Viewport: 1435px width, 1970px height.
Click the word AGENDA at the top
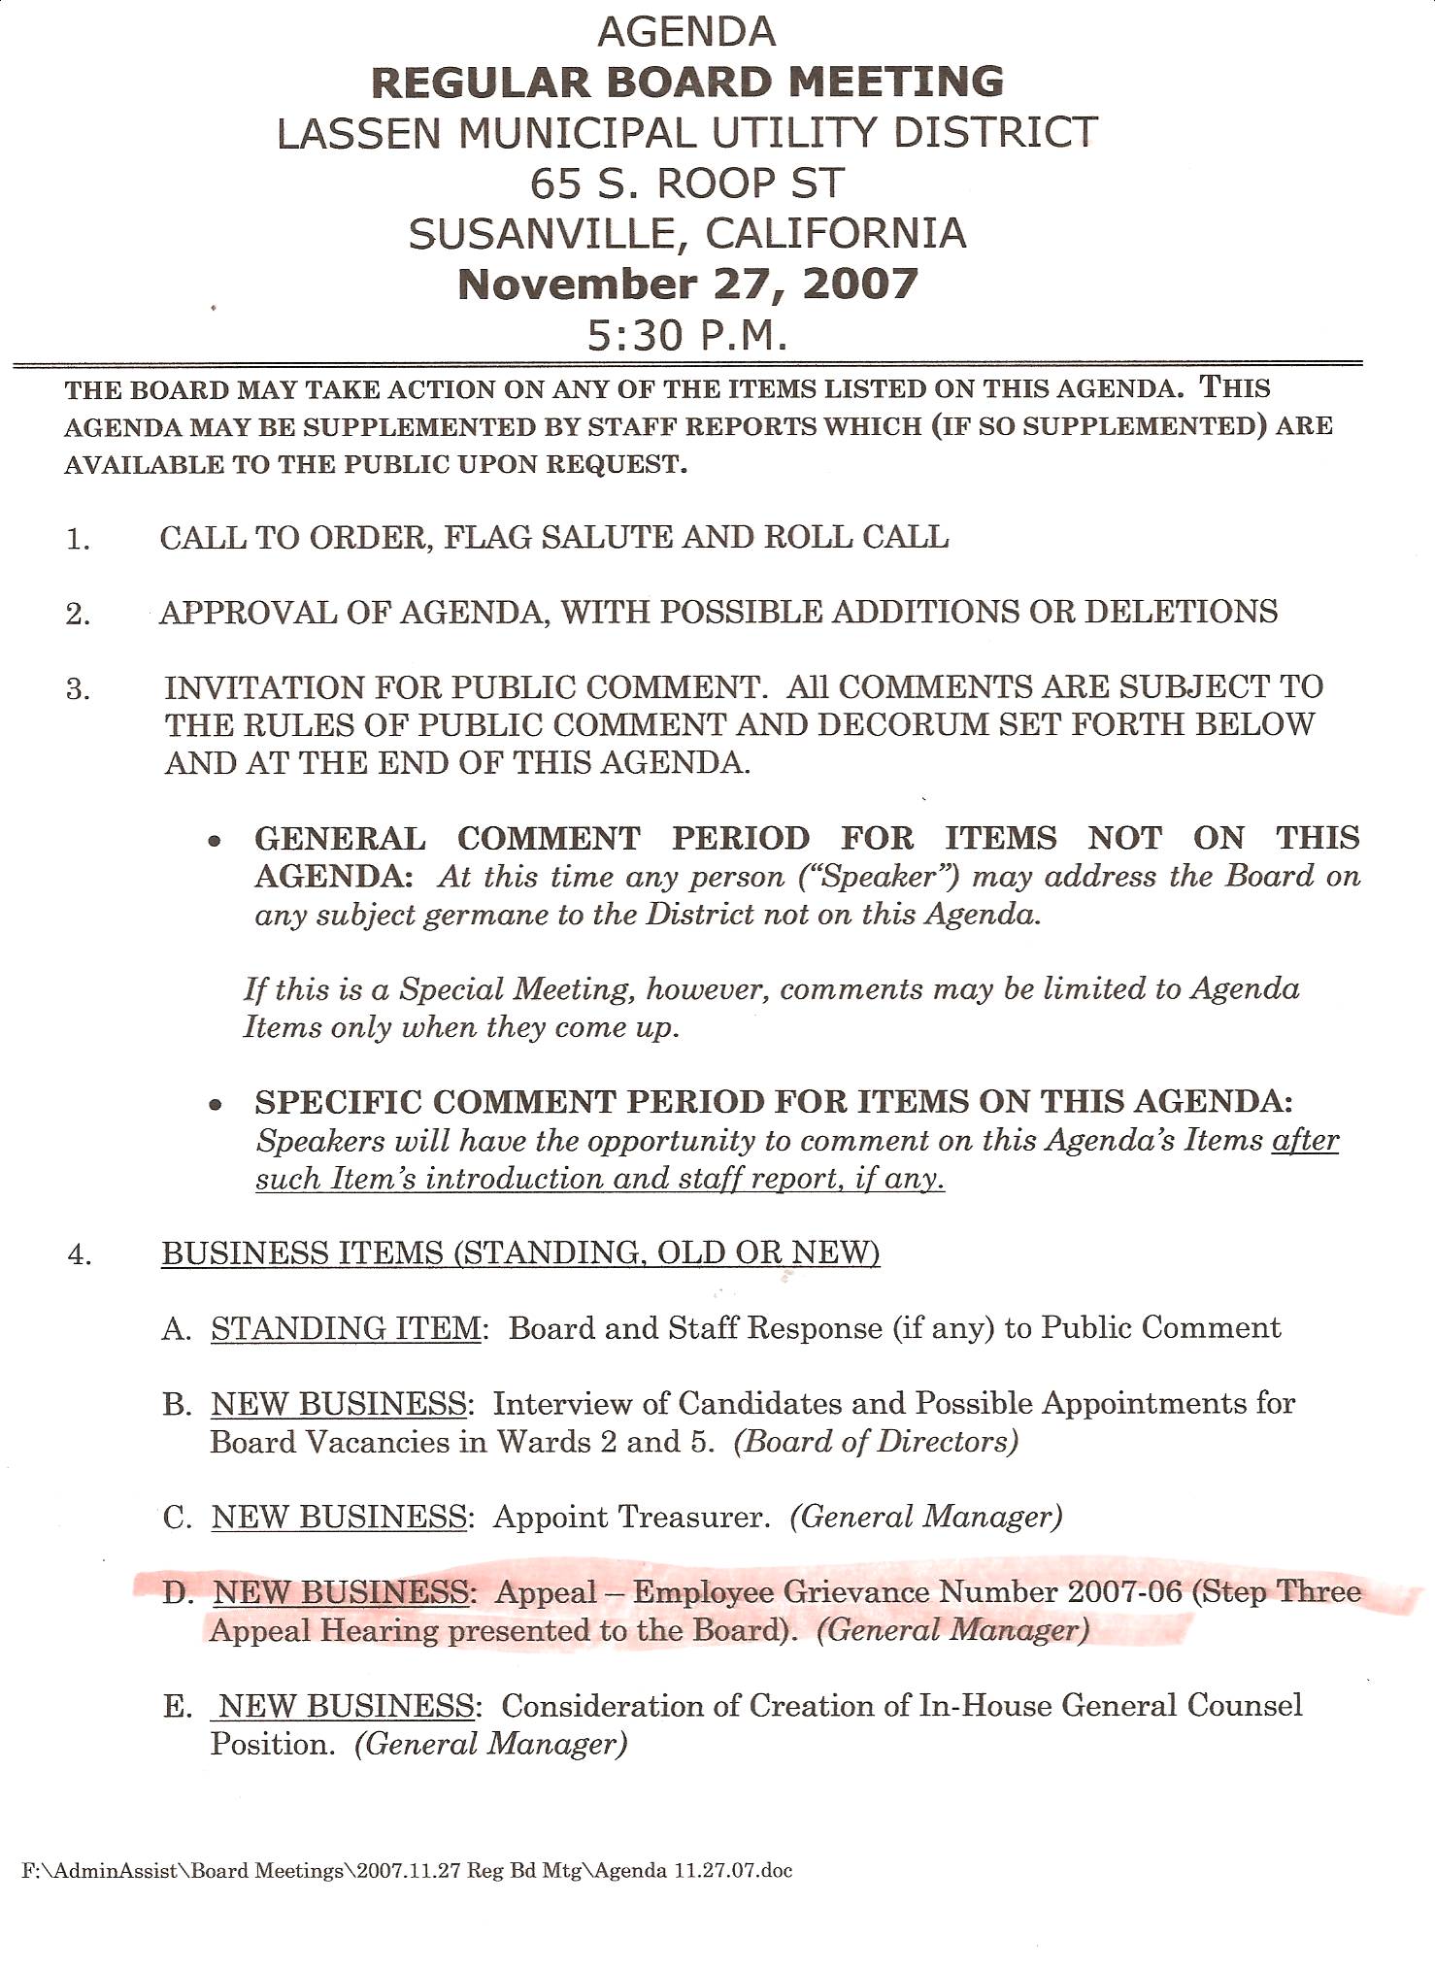click(686, 32)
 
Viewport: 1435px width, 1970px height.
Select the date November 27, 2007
click(687, 284)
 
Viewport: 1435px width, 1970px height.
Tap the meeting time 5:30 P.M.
click(686, 335)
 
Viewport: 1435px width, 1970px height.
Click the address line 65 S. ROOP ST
click(686, 183)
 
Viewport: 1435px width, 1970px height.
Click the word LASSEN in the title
click(358, 133)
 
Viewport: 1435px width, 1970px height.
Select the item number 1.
click(78, 539)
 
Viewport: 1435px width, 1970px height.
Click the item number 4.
click(79, 1255)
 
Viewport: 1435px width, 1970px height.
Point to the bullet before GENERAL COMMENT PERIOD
click(216, 841)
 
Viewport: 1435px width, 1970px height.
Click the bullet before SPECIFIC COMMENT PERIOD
click(216, 1105)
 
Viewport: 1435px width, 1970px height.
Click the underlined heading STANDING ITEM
click(346, 1328)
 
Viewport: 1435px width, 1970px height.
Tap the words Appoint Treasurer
click(631, 1517)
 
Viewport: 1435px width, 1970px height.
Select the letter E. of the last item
click(178, 1707)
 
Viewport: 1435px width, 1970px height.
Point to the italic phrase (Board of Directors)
click(876, 1442)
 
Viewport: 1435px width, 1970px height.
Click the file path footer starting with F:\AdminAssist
click(407, 1871)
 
